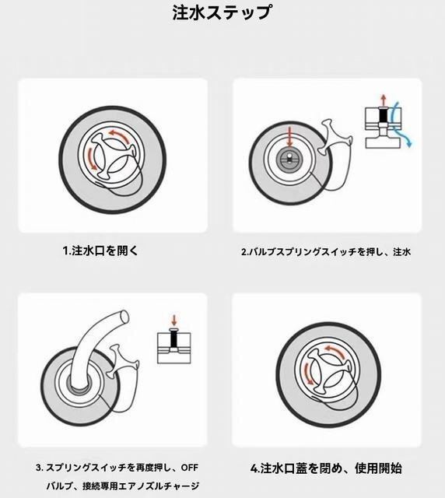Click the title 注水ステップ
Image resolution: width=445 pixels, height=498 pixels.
222,12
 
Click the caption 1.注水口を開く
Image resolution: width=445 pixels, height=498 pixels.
101,251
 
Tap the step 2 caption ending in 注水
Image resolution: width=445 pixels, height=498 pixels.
326,252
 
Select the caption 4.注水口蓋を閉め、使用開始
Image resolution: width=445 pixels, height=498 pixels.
326,468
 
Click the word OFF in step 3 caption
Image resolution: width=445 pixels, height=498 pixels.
190,468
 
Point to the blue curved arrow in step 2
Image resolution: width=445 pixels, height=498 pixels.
400,124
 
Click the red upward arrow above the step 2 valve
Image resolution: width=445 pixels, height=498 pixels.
384,100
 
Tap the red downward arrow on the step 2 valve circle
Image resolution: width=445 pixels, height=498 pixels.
289,137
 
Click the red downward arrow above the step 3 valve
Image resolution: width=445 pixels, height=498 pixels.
173,320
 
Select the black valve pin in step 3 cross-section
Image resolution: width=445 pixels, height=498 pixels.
173,339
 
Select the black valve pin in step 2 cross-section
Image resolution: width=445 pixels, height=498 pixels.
384,115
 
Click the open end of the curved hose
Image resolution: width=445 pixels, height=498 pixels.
124,317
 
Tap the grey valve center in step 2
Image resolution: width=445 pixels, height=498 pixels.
289,158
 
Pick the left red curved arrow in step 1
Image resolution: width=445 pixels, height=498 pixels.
91,158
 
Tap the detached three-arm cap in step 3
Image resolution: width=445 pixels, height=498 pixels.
123,361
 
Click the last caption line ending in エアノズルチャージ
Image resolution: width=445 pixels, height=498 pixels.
123,486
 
